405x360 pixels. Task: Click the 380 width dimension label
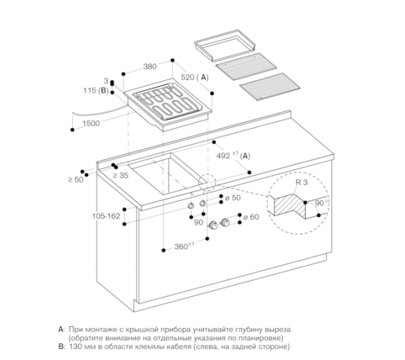pyautogui.click(x=150, y=67)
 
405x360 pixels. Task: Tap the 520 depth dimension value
pyautogui.click(x=188, y=77)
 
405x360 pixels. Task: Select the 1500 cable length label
pyautogui.click(x=91, y=123)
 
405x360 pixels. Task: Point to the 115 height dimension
pyautogui.click(x=89, y=90)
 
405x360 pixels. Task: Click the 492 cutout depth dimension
pyautogui.click(x=223, y=155)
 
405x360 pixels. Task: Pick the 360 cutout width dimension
pyautogui.click(x=181, y=247)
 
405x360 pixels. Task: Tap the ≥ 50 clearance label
pyautogui.click(x=76, y=180)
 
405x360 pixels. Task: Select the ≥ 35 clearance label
pyautogui.click(x=121, y=175)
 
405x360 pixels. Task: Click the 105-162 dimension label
pyautogui.click(x=106, y=216)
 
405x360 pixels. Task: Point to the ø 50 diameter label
pyautogui.click(x=233, y=198)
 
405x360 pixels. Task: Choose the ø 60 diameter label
pyautogui.click(x=251, y=217)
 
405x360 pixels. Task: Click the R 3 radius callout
pyautogui.click(x=302, y=182)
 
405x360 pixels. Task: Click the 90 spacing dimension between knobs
pyautogui.click(x=198, y=223)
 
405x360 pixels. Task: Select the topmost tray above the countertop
pyautogui.click(x=225, y=45)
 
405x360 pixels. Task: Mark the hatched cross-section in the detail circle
pyautogui.click(x=290, y=205)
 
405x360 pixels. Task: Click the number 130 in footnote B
pyautogui.click(x=75, y=347)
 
